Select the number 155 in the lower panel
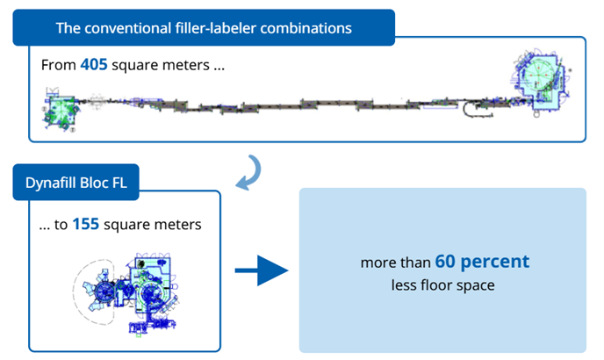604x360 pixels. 85,225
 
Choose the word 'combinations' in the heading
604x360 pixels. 311,28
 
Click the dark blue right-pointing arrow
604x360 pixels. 262,272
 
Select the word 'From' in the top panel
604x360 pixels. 58,65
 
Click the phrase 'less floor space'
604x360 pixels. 442,285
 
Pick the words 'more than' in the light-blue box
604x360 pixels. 396,263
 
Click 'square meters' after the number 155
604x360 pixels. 152,225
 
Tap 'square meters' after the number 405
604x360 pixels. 160,65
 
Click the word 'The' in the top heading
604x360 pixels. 68,28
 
